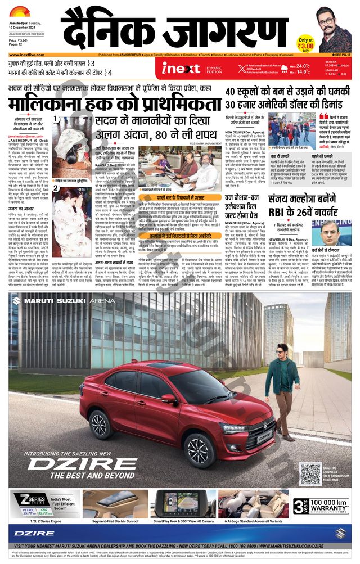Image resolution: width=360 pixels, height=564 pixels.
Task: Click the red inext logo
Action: (181, 68)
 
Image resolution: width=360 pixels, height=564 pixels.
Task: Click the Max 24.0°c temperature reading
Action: (299, 66)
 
